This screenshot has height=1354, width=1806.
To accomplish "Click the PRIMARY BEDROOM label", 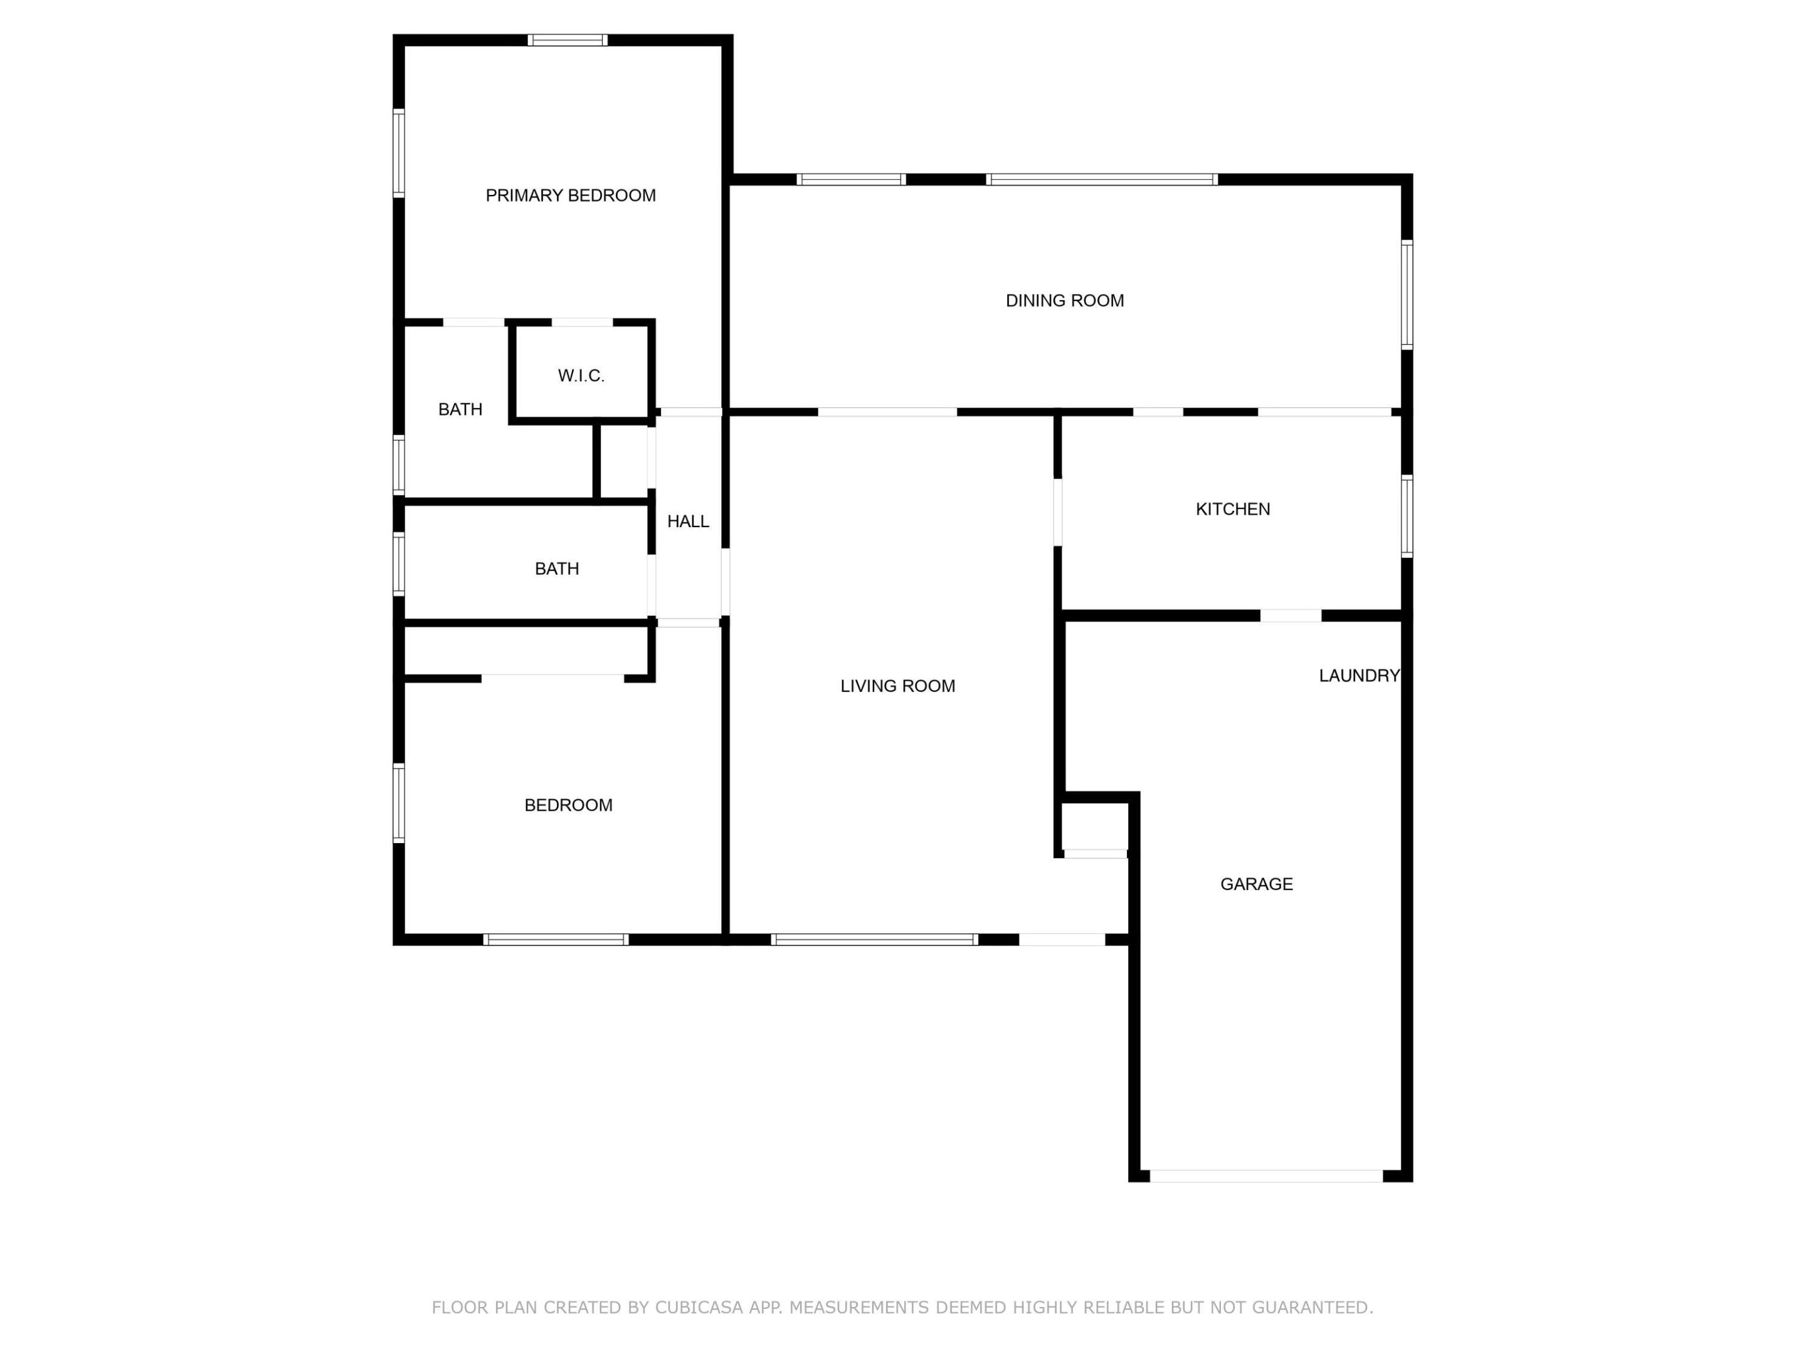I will click(570, 196).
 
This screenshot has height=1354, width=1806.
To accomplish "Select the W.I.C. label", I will click(581, 375).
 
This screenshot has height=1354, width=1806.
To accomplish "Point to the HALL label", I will click(687, 522).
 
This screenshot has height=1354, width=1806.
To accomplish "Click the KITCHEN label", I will click(1232, 509).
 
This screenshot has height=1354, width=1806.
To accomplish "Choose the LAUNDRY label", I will click(1359, 676).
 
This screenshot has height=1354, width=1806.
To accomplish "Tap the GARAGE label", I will click(1255, 884).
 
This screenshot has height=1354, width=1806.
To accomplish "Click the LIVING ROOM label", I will click(897, 686).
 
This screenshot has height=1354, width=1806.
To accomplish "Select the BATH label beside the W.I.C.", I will click(460, 410).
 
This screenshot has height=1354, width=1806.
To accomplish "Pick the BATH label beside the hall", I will click(557, 569).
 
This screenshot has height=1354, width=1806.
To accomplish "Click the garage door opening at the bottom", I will click(1265, 1176).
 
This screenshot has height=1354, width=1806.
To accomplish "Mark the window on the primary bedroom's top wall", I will click(568, 40).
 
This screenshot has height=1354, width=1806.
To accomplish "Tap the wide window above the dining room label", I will click(1101, 179).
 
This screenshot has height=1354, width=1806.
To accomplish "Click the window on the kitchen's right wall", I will click(1407, 517).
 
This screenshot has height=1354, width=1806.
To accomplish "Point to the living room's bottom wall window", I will click(874, 940).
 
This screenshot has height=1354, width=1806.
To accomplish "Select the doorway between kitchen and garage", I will click(1290, 616).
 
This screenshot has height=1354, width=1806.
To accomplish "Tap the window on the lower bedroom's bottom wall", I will click(556, 940).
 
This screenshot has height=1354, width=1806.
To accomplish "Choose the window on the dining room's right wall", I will click(1407, 295).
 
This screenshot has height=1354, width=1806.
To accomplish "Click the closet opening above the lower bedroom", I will click(552, 678).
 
